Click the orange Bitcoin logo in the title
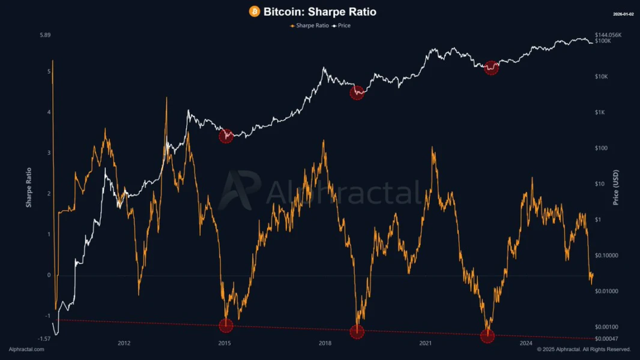(x=255, y=11)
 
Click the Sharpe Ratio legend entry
(x=310, y=26)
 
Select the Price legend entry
(x=342, y=26)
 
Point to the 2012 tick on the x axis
(x=124, y=343)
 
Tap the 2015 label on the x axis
(x=225, y=343)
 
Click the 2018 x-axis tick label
(x=325, y=343)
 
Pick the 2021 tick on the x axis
(x=425, y=343)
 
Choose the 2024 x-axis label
(x=526, y=343)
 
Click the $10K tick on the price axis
(x=601, y=77)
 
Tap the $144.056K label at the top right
(x=608, y=35)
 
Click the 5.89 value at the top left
(x=45, y=35)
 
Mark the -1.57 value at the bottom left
(x=44, y=338)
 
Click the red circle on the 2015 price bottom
(x=226, y=136)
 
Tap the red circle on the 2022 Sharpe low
(x=488, y=336)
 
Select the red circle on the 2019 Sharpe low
(x=357, y=332)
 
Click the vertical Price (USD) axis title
(x=615, y=187)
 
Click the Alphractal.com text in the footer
(x=26, y=349)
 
